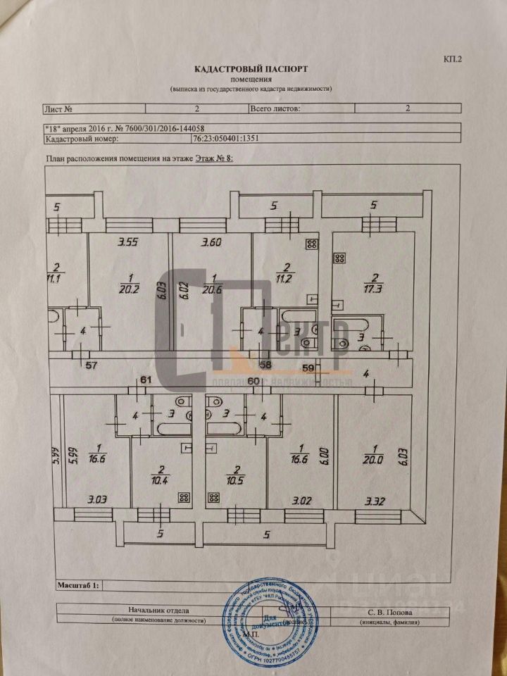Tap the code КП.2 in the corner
point(452,60)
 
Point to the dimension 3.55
point(127,243)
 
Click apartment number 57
point(91,365)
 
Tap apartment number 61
point(146,380)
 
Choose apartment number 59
point(308,366)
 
